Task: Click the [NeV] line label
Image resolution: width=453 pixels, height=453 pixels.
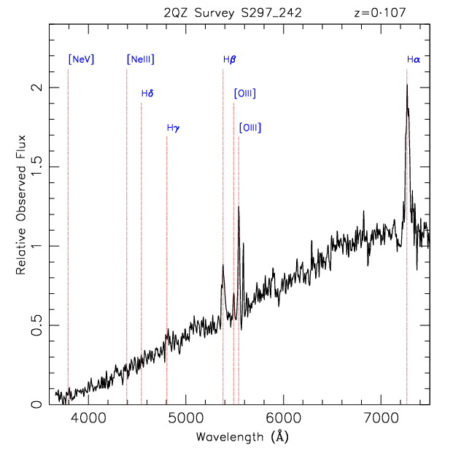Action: pos(81,60)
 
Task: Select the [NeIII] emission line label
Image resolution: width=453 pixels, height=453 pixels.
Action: pos(140,60)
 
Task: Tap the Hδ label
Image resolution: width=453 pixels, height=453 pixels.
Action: pos(147,93)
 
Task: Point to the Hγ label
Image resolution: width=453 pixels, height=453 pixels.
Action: pos(173,128)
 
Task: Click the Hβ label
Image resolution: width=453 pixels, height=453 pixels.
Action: pos(229,60)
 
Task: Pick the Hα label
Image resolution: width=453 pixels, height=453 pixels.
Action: pos(414,60)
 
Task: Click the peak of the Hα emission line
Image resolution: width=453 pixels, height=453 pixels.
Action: pos(406,85)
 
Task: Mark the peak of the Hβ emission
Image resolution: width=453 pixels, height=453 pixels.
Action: pos(222,266)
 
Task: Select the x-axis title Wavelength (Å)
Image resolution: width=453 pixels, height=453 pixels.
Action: pos(240,437)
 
